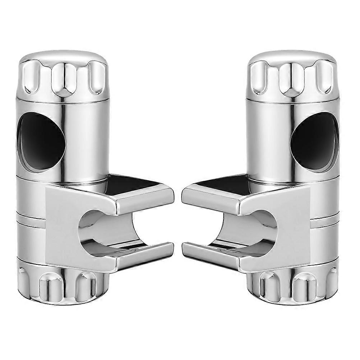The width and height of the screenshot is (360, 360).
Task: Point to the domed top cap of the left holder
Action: coord(63,57)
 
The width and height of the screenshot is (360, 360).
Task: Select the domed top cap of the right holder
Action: coord(293,57)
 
